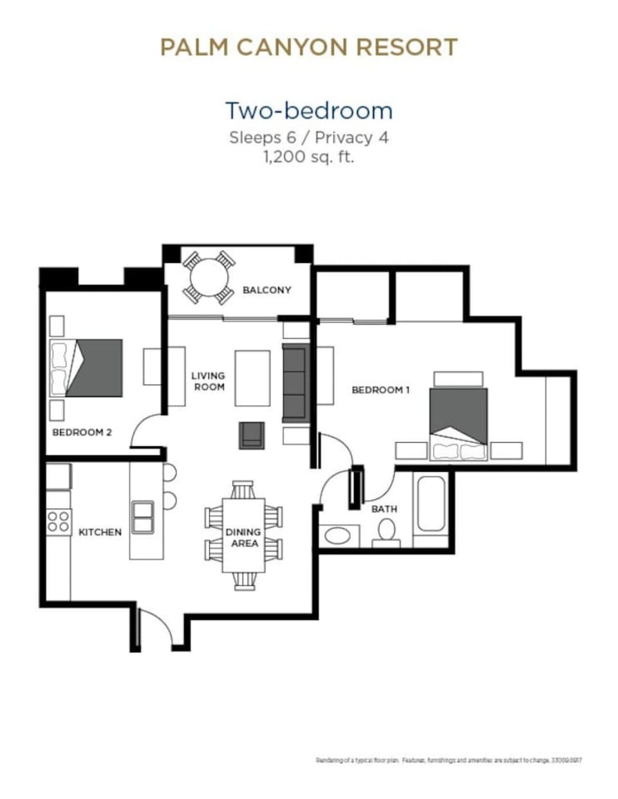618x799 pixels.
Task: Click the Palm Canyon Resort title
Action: pyautogui.click(x=308, y=47)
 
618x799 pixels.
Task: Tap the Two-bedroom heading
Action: pyautogui.click(x=308, y=111)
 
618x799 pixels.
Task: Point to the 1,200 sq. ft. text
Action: pyautogui.click(x=308, y=156)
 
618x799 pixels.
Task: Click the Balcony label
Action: pyautogui.click(x=267, y=290)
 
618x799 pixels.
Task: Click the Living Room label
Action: pyautogui.click(x=209, y=381)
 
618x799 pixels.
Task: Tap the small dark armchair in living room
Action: pyautogui.click(x=252, y=435)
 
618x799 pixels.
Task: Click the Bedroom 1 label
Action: pyautogui.click(x=380, y=390)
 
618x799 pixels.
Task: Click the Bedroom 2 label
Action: pyautogui.click(x=82, y=432)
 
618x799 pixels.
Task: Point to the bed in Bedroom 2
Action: pyautogui.click(x=87, y=368)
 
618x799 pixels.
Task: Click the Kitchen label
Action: pyautogui.click(x=100, y=532)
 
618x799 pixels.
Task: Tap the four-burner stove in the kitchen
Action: pyautogui.click(x=59, y=521)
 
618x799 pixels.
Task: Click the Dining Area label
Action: pyautogui.click(x=243, y=537)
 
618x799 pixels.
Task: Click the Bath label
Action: pyautogui.click(x=384, y=509)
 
